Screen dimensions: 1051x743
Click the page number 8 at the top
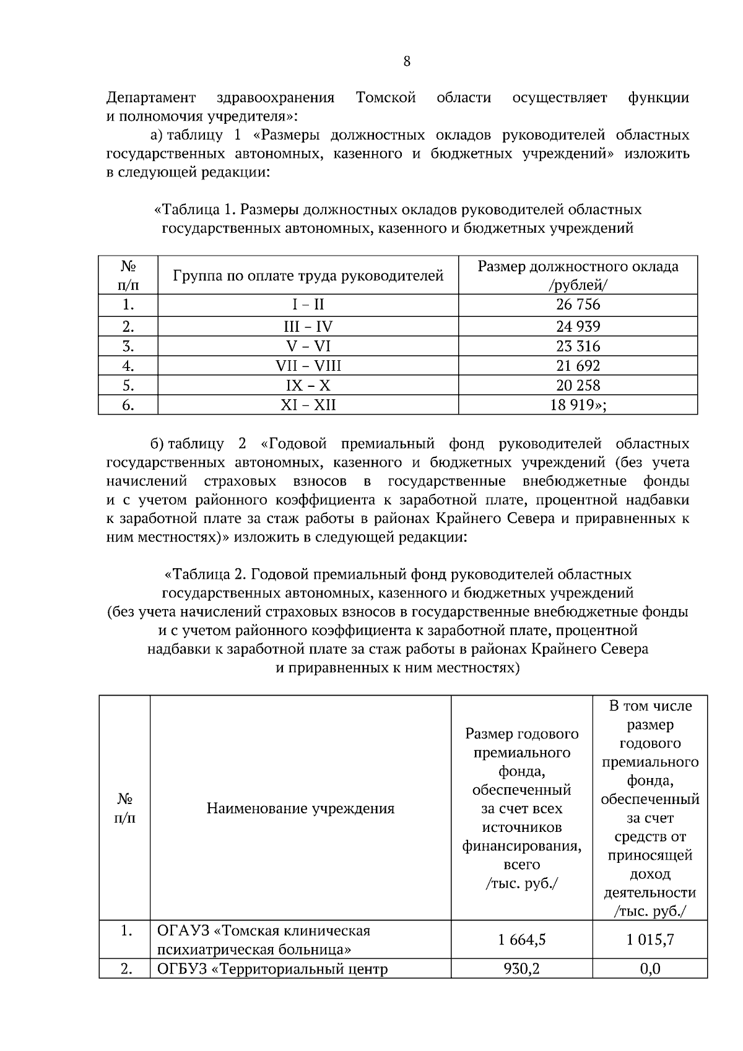(x=406, y=61)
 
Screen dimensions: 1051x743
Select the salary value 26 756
(x=578, y=305)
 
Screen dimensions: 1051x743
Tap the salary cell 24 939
(x=578, y=326)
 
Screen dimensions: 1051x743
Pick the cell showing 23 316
(x=578, y=346)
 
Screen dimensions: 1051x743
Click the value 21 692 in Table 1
(x=578, y=366)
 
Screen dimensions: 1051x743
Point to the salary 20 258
(x=578, y=386)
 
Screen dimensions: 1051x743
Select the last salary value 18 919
(x=578, y=405)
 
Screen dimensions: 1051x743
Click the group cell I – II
(x=308, y=305)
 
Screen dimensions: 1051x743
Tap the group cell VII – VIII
(x=308, y=366)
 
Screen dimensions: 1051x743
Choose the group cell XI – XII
(x=308, y=405)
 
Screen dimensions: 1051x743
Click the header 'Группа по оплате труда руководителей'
(x=308, y=275)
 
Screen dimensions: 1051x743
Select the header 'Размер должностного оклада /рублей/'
(x=578, y=275)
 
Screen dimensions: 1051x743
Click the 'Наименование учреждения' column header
(x=300, y=808)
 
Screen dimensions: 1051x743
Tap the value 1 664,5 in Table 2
(x=521, y=940)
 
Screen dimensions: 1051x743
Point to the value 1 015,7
(x=650, y=940)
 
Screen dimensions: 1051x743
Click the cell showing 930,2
(x=521, y=969)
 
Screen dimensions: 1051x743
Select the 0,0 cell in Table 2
(x=650, y=969)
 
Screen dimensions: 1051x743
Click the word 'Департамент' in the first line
(x=151, y=98)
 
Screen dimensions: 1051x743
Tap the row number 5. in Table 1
(x=128, y=386)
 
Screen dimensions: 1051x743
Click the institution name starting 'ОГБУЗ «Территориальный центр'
(x=272, y=969)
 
